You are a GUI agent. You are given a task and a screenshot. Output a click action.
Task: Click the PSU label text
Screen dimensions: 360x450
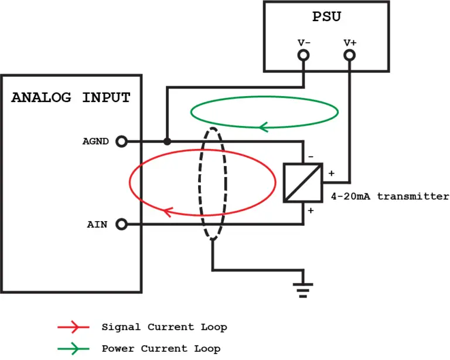pyautogui.click(x=326, y=16)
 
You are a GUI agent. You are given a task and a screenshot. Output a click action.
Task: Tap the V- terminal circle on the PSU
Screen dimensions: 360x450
pyautogui.click(x=304, y=55)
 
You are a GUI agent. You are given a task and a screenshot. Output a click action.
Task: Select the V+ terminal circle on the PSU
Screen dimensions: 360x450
pyautogui.click(x=350, y=55)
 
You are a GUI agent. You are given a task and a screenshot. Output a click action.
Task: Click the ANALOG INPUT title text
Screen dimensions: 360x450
pyautogui.click(x=71, y=97)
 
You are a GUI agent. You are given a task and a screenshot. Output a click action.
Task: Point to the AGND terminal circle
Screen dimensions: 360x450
pyautogui.click(x=122, y=141)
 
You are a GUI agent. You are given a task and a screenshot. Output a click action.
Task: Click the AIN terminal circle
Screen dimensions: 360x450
pyautogui.click(x=122, y=224)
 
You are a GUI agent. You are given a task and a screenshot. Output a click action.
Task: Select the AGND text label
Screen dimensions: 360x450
pyautogui.click(x=95, y=141)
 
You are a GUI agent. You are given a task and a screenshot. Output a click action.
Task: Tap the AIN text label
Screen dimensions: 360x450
pyautogui.click(x=97, y=224)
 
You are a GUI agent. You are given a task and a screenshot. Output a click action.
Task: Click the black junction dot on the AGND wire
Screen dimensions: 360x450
pyautogui.click(x=168, y=141)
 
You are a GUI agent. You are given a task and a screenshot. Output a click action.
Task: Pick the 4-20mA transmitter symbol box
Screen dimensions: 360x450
pyautogui.click(x=303, y=182)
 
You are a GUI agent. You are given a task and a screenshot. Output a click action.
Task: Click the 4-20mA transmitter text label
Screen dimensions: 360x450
pyautogui.click(x=390, y=196)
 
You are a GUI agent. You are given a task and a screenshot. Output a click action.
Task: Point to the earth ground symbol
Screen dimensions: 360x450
pyautogui.click(x=303, y=288)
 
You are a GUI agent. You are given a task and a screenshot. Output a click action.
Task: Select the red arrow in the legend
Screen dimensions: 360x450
pyautogui.click(x=73, y=327)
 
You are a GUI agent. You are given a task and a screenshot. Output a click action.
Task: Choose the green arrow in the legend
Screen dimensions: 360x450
pyautogui.click(x=73, y=349)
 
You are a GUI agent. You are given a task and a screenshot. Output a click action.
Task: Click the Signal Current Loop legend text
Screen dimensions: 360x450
pyautogui.click(x=164, y=327)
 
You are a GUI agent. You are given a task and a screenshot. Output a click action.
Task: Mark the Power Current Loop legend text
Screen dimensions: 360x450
pyautogui.click(x=161, y=349)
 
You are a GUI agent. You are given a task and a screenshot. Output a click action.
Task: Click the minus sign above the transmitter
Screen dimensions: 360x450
pyautogui.click(x=311, y=157)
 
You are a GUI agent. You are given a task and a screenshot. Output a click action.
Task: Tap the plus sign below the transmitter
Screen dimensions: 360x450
pyautogui.click(x=311, y=210)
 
